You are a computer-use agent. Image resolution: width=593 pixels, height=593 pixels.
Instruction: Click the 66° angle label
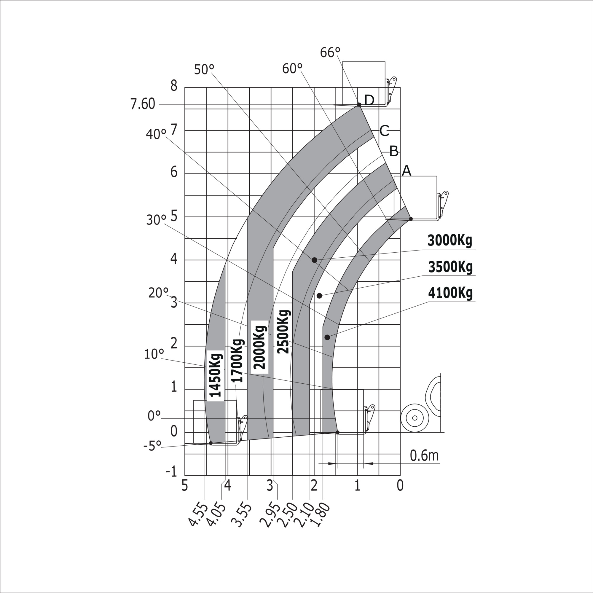pyautogui.click(x=330, y=52)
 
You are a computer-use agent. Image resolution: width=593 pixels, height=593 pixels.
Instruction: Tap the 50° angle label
pyautogui.click(x=204, y=70)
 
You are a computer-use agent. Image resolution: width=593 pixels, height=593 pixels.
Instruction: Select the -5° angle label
pyautogui.click(x=152, y=446)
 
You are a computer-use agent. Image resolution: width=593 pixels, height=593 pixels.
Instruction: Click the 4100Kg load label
pyautogui.click(x=450, y=293)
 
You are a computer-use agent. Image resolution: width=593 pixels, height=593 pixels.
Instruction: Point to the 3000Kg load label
pyautogui.click(x=449, y=241)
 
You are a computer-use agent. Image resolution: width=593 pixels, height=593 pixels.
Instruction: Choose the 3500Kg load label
pyautogui.click(x=450, y=267)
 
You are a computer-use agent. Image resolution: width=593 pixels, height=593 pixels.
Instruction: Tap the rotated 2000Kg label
pyautogui.click(x=260, y=347)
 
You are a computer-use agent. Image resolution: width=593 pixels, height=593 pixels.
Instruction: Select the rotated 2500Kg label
pyautogui.click(x=283, y=332)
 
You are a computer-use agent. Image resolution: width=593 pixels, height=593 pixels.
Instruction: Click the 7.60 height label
pyautogui.click(x=143, y=104)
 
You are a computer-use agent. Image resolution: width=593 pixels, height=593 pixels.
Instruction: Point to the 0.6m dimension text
pyautogui.click(x=424, y=456)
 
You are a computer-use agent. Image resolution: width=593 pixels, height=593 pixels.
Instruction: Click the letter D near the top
pyautogui.click(x=369, y=100)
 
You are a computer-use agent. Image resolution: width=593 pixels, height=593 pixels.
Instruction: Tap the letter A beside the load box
pyautogui.click(x=406, y=171)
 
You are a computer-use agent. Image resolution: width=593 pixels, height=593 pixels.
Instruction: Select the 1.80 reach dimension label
pyautogui.click(x=322, y=515)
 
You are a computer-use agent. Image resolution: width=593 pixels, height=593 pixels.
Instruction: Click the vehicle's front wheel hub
pyautogui.click(x=415, y=418)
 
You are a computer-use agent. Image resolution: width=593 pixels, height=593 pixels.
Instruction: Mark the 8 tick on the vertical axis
pyautogui.click(x=174, y=86)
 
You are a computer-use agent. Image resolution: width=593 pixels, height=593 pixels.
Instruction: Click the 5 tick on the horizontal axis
pyautogui.click(x=184, y=486)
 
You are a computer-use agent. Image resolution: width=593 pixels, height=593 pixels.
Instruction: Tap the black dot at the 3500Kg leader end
pyautogui.click(x=319, y=296)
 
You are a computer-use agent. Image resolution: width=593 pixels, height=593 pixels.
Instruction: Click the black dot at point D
pyautogui.click(x=359, y=105)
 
